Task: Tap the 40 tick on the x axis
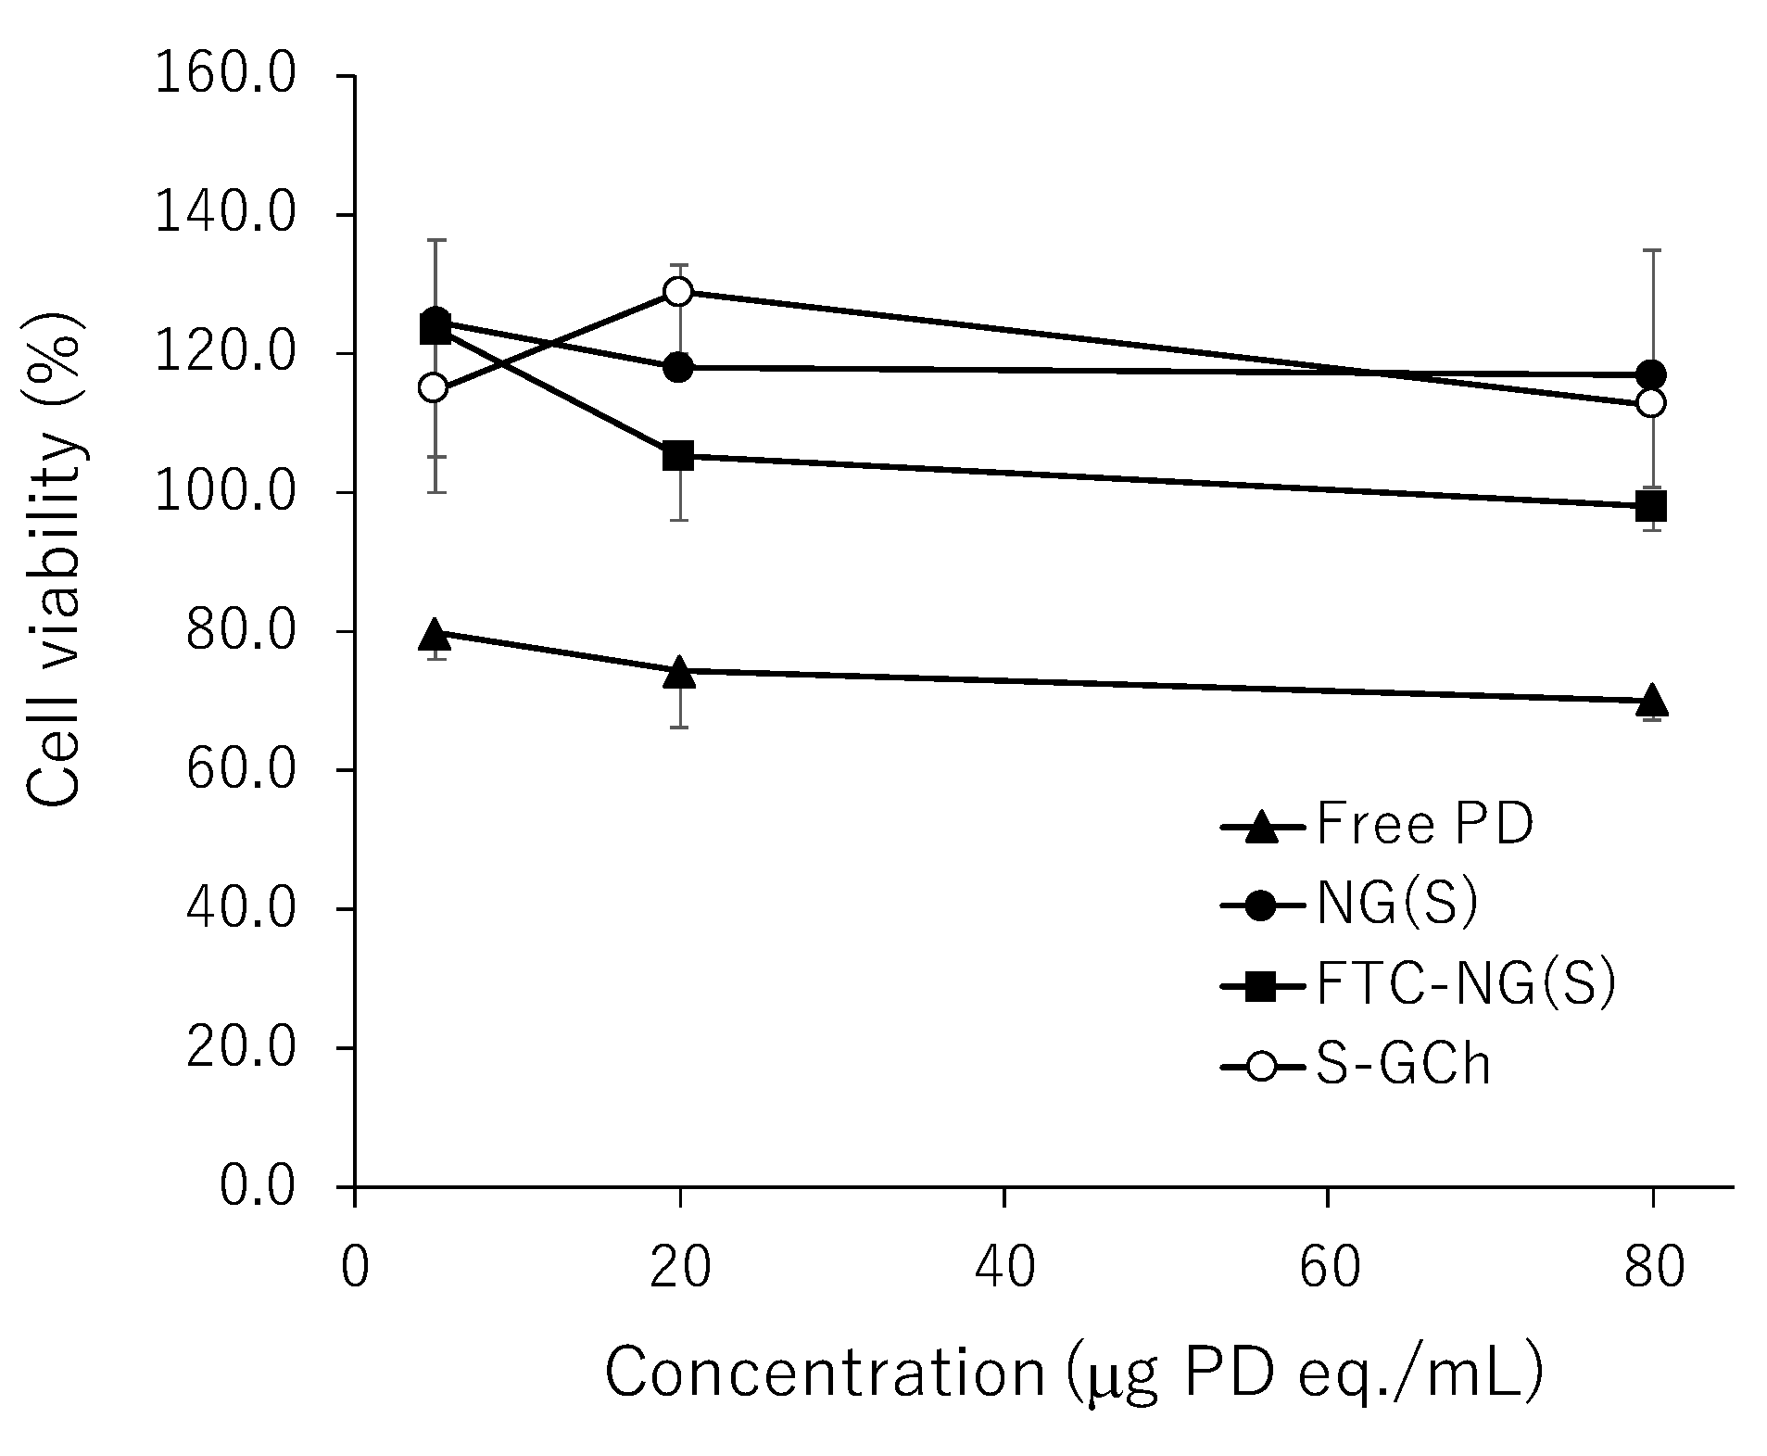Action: click(x=1004, y=1268)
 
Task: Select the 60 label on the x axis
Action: click(x=1328, y=1268)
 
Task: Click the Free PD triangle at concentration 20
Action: click(x=680, y=671)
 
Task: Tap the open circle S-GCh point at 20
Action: click(x=679, y=292)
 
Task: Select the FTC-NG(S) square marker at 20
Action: click(x=679, y=456)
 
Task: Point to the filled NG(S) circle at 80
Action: click(x=1651, y=375)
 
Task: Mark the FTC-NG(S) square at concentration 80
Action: click(x=1651, y=506)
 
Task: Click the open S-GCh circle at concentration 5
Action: click(x=434, y=388)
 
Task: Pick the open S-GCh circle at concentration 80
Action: click(x=1651, y=403)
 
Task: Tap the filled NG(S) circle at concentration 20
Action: click(x=679, y=368)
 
